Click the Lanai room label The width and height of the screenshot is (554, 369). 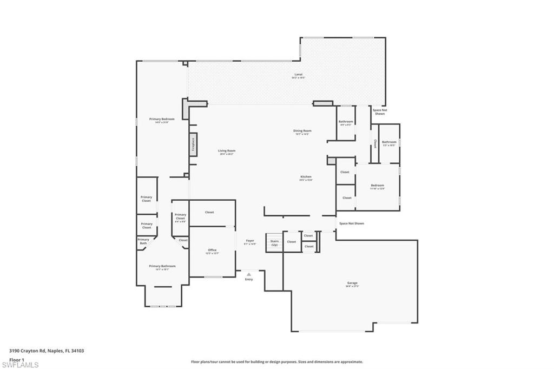click(x=298, y=75)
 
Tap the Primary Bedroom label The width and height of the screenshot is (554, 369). click(x=162, y=119)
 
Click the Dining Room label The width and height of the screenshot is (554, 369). click(x=302, y=130)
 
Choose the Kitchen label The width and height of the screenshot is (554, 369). click(x=306, y=177)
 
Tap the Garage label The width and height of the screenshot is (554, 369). click(x=352, y=283)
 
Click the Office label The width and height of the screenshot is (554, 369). click(x=212, y=250)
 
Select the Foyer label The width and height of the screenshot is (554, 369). click(x=250, y=241)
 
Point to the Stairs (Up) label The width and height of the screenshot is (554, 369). click(x=274, y=243)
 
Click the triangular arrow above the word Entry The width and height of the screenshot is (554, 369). click(x=249, y=274)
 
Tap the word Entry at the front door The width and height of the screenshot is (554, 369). click(x=249, y=279)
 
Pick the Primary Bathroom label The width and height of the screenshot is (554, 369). click(x=162, y=266)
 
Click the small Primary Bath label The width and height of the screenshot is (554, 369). click(x=143, y=241)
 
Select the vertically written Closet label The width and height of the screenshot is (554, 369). click(x=375, y=144)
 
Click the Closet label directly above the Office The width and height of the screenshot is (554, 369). click(x=209, y=212)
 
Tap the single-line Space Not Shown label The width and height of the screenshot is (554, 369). click(x=351, y=223)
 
